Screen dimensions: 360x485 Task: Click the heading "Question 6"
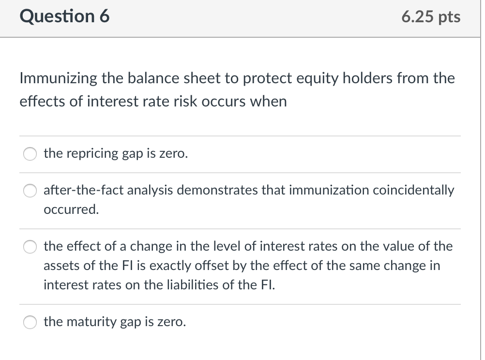pyautogui.click(x=65, y=16)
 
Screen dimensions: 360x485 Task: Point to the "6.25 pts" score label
pyautogui.click(x=431, y=17)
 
